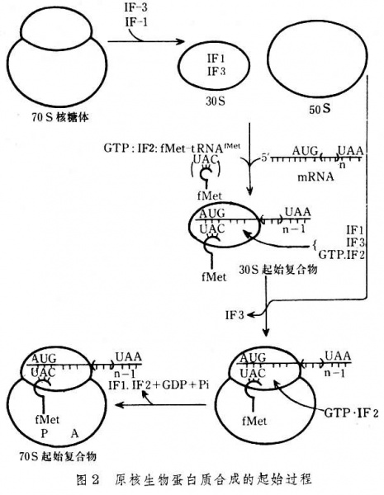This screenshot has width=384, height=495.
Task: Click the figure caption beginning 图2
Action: point(192,478)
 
